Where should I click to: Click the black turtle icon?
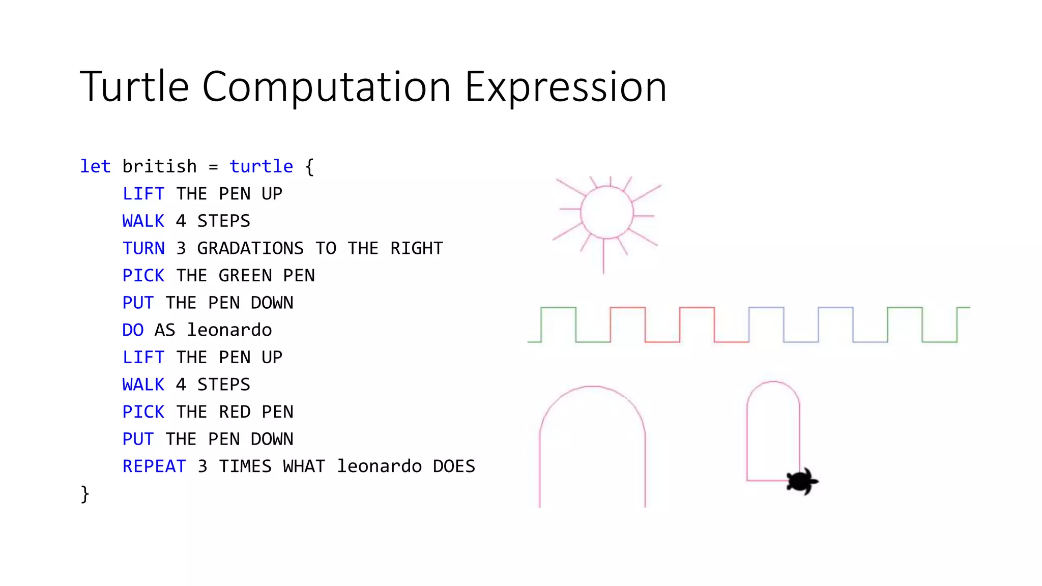point(801,481)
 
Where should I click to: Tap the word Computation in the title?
point(326,86)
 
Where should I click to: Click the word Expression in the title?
point(565,87)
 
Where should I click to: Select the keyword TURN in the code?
point(143,248)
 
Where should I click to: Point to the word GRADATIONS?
point(250,248)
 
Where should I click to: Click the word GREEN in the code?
point(245,276)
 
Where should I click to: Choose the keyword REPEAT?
point(154,466)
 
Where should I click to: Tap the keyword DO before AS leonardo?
point(133,330)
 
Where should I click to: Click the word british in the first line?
point(159,166)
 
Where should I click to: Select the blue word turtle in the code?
point(261,166)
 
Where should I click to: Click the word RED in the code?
point(235,412)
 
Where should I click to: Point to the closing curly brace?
point(85,494)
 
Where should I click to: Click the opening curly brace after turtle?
point(309,167)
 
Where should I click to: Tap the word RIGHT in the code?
point(417,248)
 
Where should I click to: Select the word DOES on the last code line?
point(454,466)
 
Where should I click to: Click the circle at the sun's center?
point(606,212)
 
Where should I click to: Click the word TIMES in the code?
point(245,466)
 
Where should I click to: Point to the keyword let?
point(95,166)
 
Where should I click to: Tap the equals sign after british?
point(213,167)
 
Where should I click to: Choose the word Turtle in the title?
point(134,86)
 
